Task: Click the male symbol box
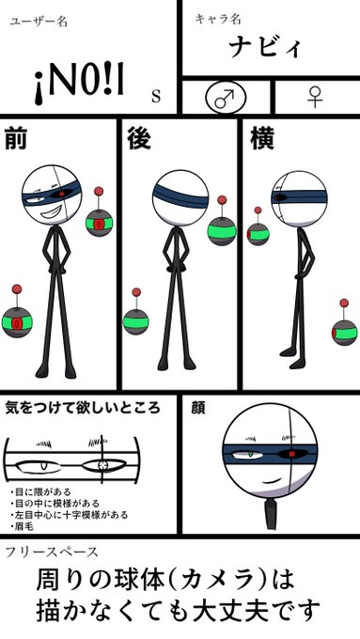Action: pos(225,97)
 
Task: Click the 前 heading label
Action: pos(16,138)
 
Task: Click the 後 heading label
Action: pos(139,138)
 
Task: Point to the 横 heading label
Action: pos(262,138)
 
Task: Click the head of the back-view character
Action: pos(180,197)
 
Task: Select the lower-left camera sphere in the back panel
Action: pos(137,322)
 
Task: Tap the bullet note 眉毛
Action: pos(27,527)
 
